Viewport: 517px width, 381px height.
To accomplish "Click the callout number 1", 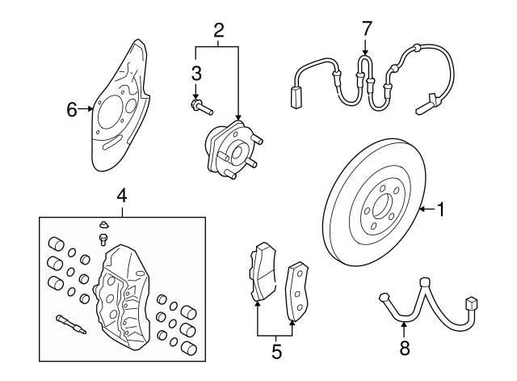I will point(441,210).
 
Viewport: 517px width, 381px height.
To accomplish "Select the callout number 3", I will point(195,74).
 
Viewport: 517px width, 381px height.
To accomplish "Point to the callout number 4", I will point(121,195).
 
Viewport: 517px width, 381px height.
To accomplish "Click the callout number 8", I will point(405,349).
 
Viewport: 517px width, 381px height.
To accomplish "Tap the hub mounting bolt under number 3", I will point(200,105).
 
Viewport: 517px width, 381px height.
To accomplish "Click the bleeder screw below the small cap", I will point(103,239).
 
